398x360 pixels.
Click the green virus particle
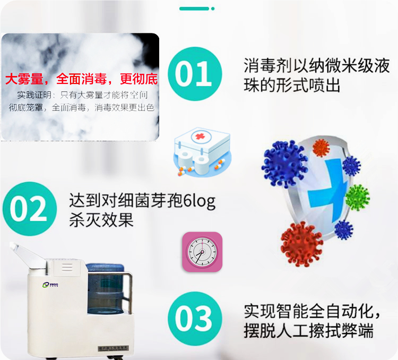pos(357,198)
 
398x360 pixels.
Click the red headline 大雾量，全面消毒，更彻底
pos(81,80)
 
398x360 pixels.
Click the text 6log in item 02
pos(199,201)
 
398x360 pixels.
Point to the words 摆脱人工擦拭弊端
pos(308,331)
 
